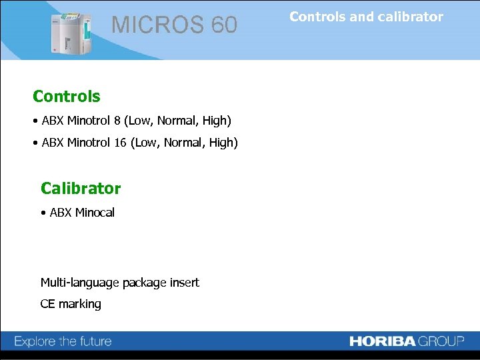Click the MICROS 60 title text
(x=174, y=25)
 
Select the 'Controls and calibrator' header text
(x=366, y=17)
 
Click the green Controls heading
(x=67, y=97)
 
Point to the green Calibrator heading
(x=81, y=189)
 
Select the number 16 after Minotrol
(x=119, y=143)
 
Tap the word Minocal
(x=95, y=213)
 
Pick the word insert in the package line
(x=184, y=283)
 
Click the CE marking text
(x=71, y=304)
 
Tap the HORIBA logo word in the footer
(x=383, y=341)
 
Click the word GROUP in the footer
(x=441, y=341)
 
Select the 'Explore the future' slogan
(x=63, y=342)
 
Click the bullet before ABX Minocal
(x=43, y=213)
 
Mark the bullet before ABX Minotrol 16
(x=35, y=143)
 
